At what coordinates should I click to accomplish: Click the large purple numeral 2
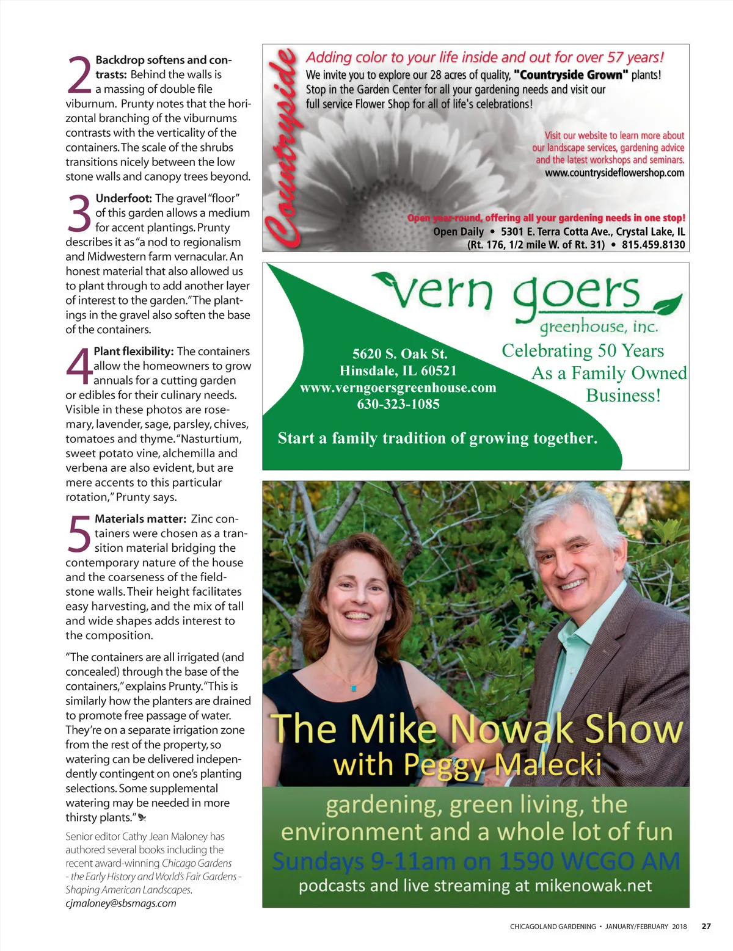(79, 74)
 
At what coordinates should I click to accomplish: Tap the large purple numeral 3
(79, 214)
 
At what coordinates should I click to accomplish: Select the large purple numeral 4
(79, 366)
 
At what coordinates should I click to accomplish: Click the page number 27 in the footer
(706, 926)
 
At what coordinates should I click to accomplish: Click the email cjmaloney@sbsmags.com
(121, 903)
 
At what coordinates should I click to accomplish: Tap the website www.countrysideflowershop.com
(614, 173)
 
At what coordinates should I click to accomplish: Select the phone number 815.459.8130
(654, 245)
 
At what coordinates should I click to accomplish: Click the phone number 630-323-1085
(398, 404)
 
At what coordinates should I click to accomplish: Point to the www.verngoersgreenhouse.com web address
(398, 388)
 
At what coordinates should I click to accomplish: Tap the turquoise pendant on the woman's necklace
(353, 689)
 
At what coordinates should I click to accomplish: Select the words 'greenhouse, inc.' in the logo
(599, 327)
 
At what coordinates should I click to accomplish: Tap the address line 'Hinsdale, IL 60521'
(398, 371)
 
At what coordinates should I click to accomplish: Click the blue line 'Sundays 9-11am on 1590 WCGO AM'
(476, 861)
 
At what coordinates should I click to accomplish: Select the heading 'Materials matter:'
(140, 519)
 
